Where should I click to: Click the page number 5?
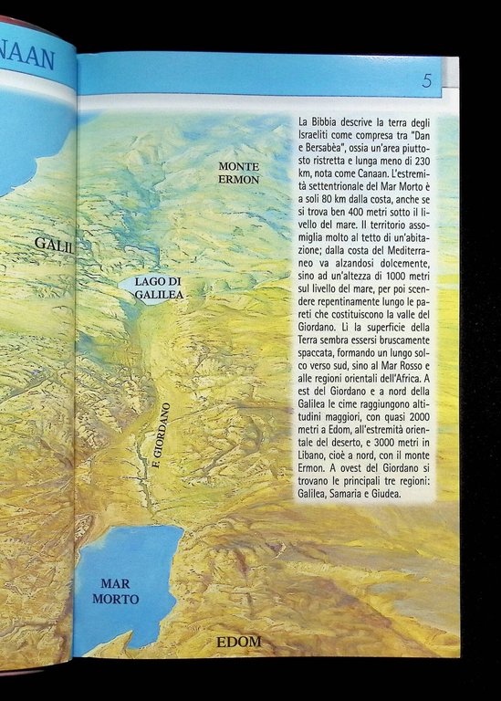point(427,79)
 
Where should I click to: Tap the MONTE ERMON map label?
point(239,173)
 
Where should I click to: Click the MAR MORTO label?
point(120,591)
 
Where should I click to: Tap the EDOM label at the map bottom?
point(239,642)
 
